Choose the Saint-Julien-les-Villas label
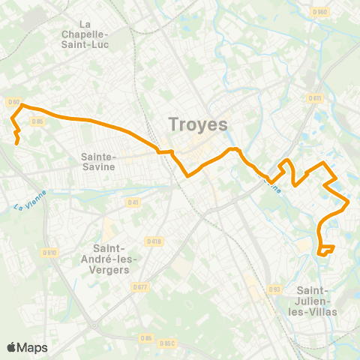pos(316,300)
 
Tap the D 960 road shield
pos(320,12)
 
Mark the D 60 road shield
pos(13,102)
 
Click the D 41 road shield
pos(133,202)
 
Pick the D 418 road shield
pos(154,241)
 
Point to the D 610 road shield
pos(50,252)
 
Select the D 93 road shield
pos(274,289)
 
